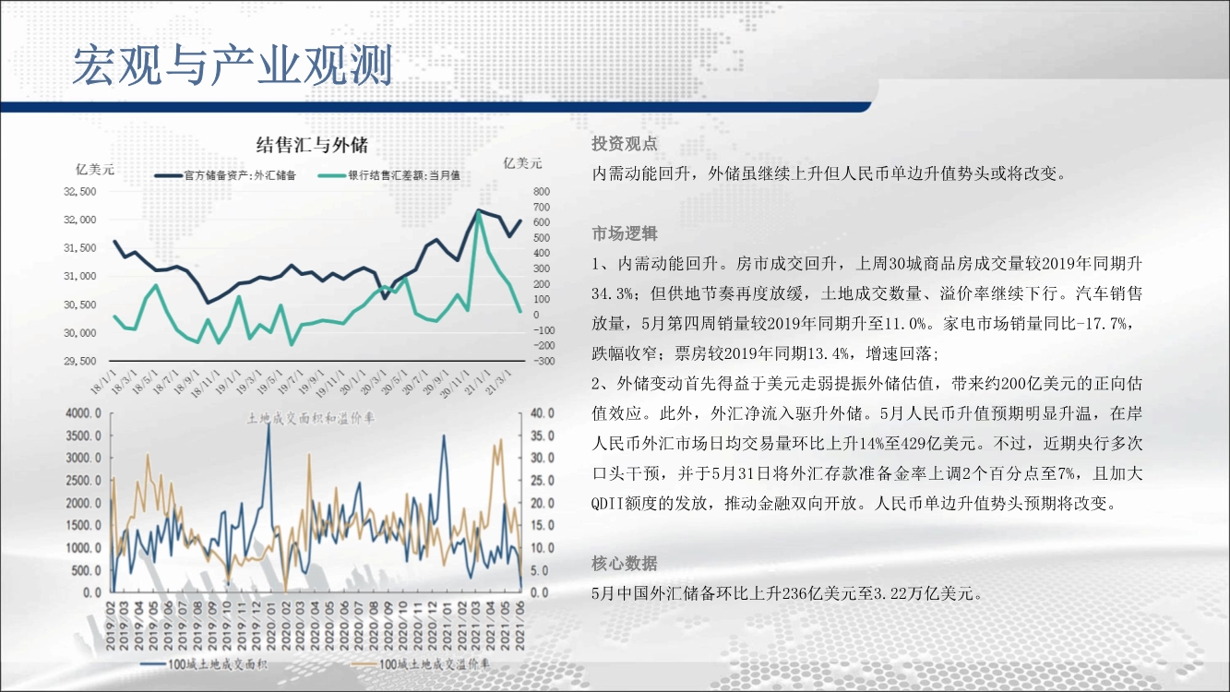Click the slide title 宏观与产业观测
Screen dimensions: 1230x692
[233, 66]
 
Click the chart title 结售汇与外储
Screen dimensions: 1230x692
[312, 145]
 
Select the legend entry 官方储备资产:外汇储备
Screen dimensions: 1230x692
[225, 175]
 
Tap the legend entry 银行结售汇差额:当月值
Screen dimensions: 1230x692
[388, 175]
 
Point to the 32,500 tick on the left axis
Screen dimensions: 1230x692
[79, 192]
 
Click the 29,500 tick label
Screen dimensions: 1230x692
[79, 362]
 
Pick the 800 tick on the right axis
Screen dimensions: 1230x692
[541, 192]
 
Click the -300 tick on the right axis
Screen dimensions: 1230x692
[543, 362]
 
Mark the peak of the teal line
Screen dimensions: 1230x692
[478, 211]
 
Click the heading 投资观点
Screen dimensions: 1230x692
[625, 144]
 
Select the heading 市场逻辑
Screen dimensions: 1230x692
[625, 234]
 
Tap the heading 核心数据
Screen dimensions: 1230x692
[625, 564]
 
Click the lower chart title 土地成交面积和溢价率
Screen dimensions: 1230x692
[311, 419]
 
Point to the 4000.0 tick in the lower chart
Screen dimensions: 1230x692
[83, 413]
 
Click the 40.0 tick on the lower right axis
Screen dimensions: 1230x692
[542, 413]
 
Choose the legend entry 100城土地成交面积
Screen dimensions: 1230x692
[204, 664]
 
